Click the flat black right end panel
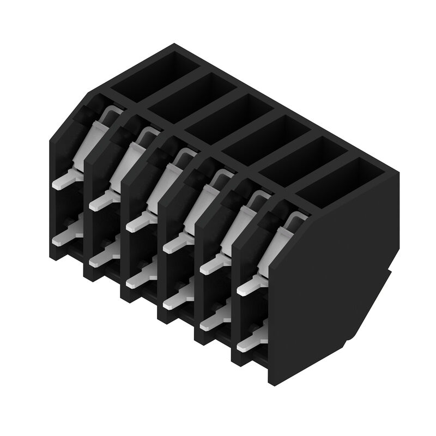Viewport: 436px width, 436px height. [x=332, y=272]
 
